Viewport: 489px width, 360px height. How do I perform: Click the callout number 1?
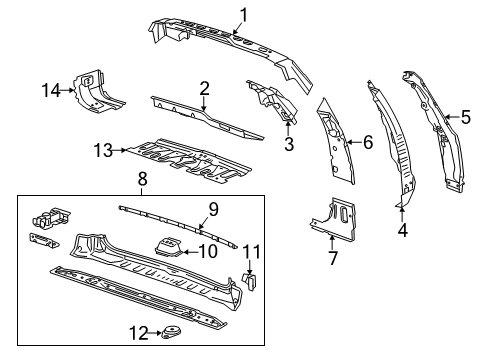[242, 13]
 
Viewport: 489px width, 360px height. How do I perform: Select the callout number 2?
[203, 89]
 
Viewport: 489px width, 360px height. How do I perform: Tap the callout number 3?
[289, 144]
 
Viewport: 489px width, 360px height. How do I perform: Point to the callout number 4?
[403, 229]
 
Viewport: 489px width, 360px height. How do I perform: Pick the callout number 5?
[465, 118]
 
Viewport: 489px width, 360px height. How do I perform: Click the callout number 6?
[367, 143]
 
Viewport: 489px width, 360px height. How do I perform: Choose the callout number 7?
[332, 259]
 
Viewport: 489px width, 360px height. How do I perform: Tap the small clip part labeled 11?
[252, 282]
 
